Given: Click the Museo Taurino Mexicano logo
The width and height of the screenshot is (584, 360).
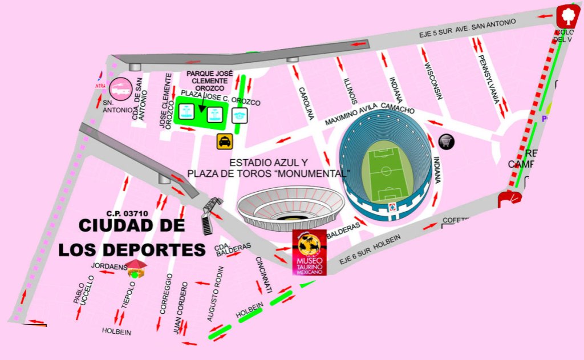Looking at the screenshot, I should click(x=310, y=253).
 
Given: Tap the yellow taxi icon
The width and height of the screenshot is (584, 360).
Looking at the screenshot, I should click(x=224, y=141).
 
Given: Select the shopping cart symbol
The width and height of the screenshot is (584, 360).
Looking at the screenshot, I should click(x=446, y=140).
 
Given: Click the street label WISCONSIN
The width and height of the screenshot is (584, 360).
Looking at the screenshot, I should click(x=433, y=81).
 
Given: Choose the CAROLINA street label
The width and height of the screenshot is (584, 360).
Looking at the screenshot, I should click(x=306, y=103).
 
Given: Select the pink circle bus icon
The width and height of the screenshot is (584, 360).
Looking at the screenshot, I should click(x=121, y=88).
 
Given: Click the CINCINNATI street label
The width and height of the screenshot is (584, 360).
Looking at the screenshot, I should click(x=263, y=274).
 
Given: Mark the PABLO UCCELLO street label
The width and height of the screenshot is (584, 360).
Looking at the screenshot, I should click(x=81, y=298).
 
